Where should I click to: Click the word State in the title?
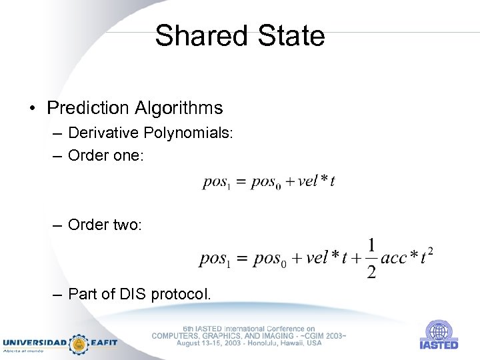(291, 35)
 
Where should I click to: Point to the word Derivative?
(103, 133)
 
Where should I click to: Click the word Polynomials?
(187, 133)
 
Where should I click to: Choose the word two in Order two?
(127, 225)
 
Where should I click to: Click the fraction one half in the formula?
(371, 258)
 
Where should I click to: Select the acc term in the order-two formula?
(394, 259)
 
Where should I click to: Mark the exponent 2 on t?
(430, 251)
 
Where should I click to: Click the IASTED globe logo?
(439, 331)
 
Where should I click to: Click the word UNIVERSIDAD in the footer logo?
(34, 342)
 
